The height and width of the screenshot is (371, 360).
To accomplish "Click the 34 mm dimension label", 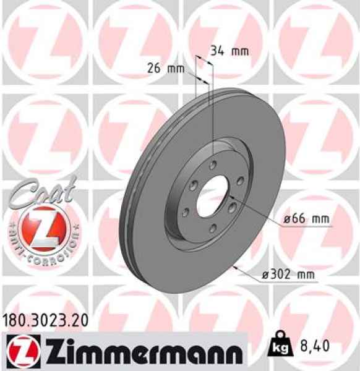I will point(225,51).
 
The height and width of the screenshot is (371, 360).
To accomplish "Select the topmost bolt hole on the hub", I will point(213,165).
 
